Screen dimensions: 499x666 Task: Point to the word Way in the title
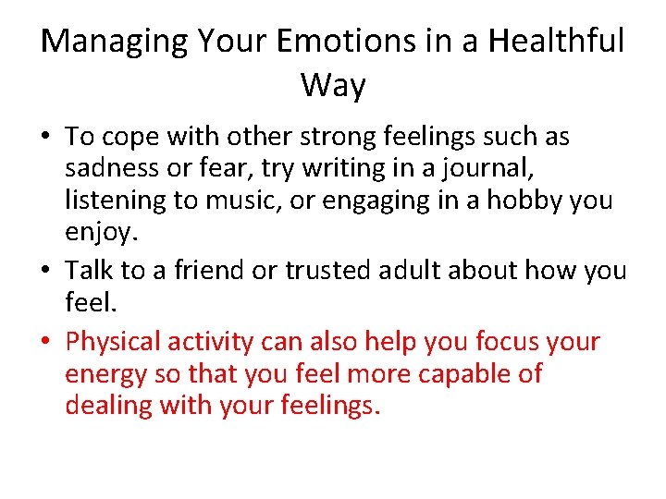pyautogui.click(x=333, y=86)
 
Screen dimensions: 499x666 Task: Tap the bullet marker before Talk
pyautogui.click(x=48, y=271)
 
